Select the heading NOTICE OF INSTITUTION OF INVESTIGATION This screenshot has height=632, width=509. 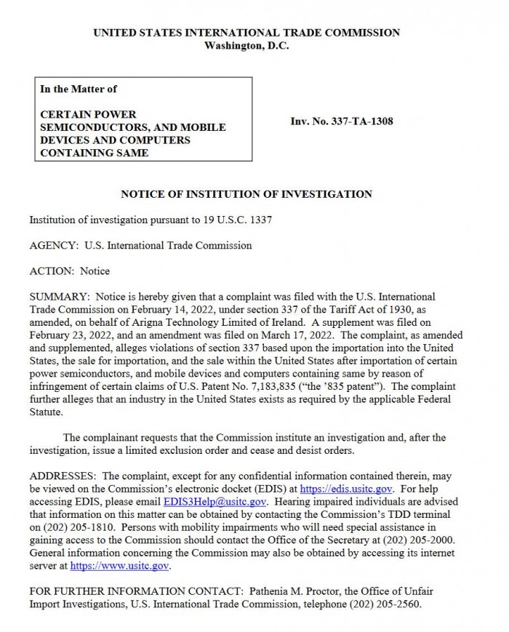[246, 194]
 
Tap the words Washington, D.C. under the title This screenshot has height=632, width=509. [246, 46]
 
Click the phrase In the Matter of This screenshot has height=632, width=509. [79, 89]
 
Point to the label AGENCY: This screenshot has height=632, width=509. [55, 245]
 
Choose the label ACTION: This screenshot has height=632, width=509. [52, 271]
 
